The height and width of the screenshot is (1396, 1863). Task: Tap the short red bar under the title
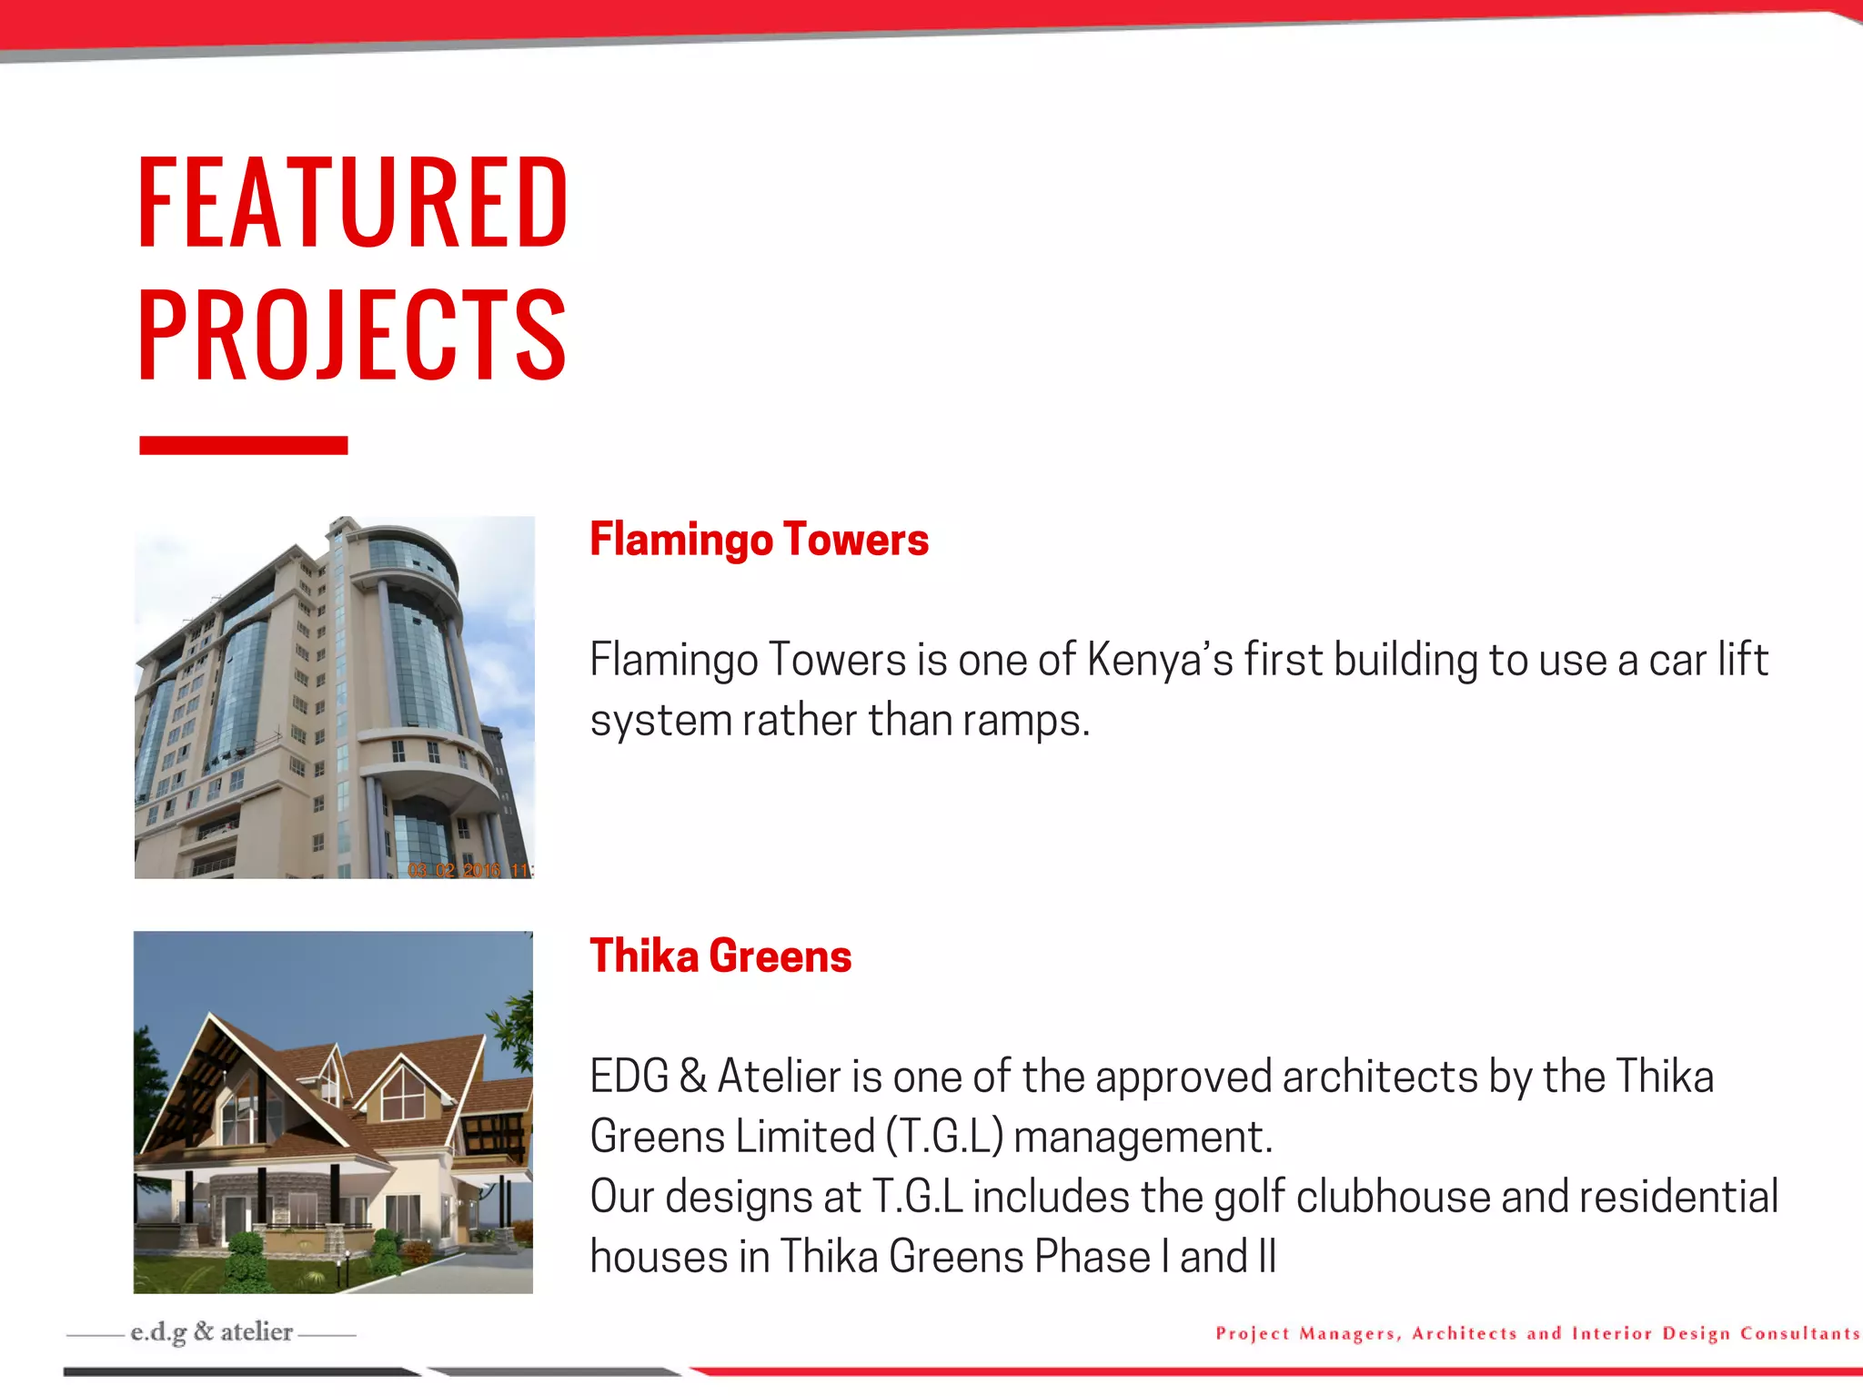tap(243, 445)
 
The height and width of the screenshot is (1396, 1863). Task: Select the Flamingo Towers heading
tap(759, 539)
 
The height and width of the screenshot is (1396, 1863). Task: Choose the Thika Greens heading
tap(720, 956)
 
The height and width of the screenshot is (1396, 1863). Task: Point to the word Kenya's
tap(1160, 660)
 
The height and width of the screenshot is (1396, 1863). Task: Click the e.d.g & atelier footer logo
tap(211, 1332)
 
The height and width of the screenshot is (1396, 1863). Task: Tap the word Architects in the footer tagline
tap(1464, 1334)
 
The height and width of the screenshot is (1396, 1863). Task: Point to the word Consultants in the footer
tap(1799, 1334)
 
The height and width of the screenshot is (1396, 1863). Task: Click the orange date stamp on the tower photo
tap(468, 870)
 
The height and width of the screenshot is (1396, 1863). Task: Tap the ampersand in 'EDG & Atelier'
tap(692, 1077)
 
